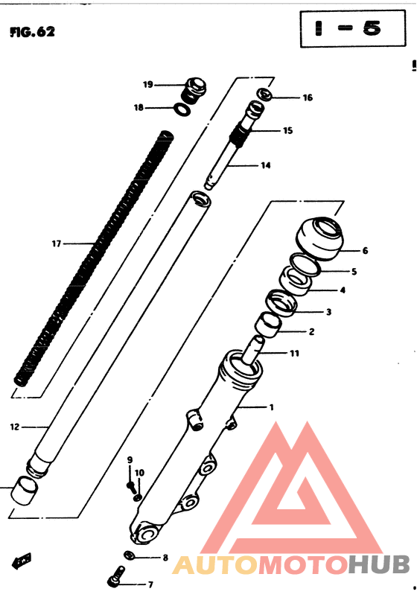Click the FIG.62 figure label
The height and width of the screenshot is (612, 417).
[x=33, y=33]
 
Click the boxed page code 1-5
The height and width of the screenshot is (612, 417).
[x=347, y=29]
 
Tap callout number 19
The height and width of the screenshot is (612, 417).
[x=147, y=84]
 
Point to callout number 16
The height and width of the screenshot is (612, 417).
[x=307, y=98]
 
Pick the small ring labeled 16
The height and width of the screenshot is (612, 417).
[x=264, y=95]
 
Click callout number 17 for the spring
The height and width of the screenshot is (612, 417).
[x=56, y=243]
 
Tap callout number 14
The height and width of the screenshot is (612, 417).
[x=264, y=165]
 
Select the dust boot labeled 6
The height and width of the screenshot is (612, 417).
[x=319, y=236]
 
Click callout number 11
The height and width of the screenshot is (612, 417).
[x=294, y=353]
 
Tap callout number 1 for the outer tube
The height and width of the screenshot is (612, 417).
[x=272, y=407]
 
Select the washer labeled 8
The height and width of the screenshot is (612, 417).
[x=129, y=555]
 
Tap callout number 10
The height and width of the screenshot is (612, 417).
[x=139, y=472]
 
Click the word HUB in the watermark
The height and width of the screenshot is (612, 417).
[x=378, y=564]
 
